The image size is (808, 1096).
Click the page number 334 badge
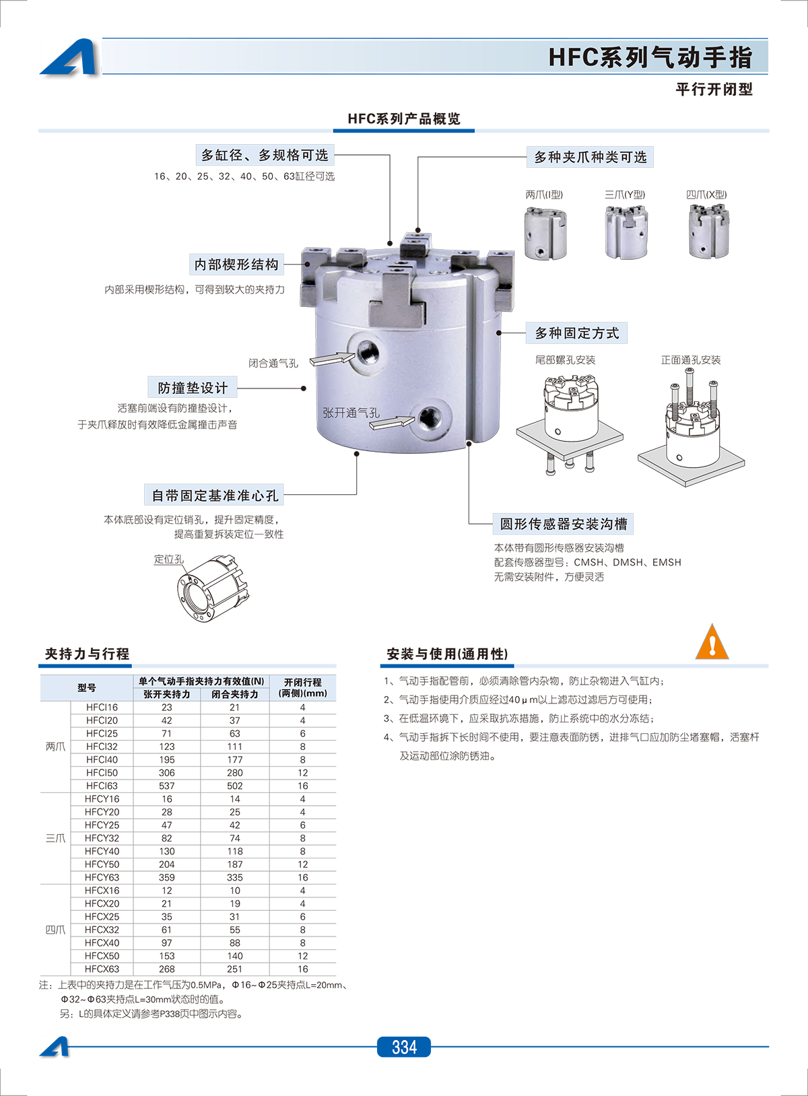point(403,1047)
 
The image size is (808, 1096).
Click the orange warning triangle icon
point(712,643)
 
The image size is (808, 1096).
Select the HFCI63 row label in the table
point(102,786)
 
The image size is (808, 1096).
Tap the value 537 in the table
point(167,786)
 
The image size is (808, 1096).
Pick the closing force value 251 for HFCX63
point(234,969)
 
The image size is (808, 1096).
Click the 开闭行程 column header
point(302,687)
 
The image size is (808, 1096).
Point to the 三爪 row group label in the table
point(55,838)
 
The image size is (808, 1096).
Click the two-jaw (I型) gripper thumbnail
point(545,233)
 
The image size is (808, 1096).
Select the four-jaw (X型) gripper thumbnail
point(708,232)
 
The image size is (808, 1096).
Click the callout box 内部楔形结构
point(236,265)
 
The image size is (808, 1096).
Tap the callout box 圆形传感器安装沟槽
point(564,524)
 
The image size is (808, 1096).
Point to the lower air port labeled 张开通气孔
point(429,417)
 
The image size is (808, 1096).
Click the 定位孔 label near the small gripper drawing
point(168,559)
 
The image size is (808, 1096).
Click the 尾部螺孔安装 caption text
point(565,360)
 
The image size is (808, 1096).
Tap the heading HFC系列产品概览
point(404,119)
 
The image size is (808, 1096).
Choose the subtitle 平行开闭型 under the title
point(714,90)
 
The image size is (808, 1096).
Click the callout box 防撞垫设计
point(193,388)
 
